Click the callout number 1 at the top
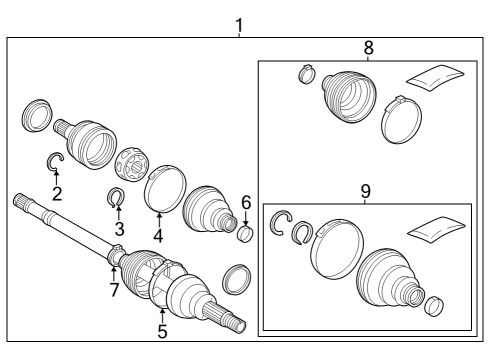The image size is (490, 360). point(238,22)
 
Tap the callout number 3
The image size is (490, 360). point(119,230)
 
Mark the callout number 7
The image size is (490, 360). point(114,290)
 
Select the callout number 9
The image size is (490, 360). point(365,188)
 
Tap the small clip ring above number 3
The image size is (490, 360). point(117,197)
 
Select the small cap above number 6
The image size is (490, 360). point(243,235)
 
